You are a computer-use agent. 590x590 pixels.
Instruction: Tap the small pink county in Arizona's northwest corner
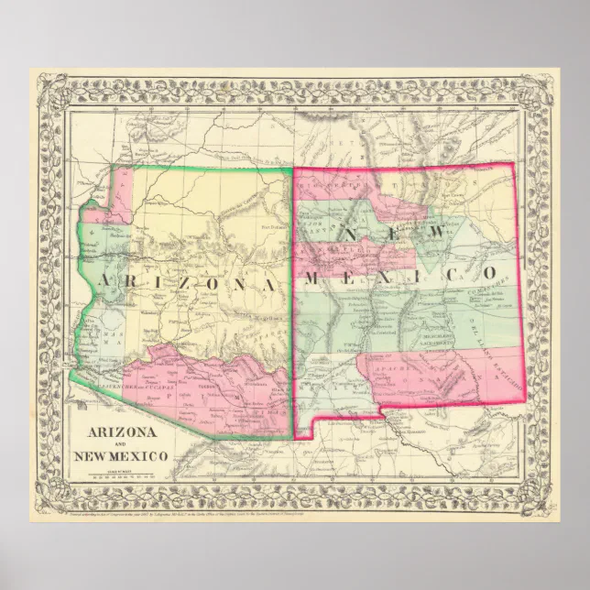119,187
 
